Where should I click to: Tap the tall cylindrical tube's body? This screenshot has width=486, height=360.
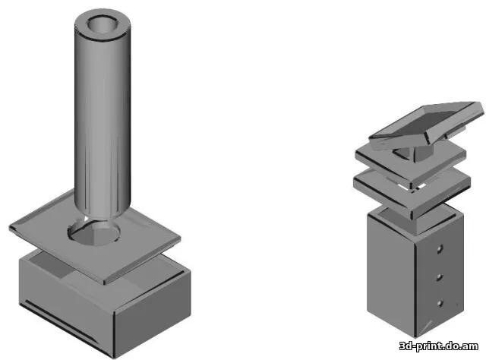pos(103,124)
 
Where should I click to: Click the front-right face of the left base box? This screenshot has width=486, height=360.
pos(153,313)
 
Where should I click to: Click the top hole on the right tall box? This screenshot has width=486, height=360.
pos(440,249)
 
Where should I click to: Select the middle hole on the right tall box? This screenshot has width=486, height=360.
pos(440,277)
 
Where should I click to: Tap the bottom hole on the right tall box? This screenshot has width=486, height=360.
pos(440,303)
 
